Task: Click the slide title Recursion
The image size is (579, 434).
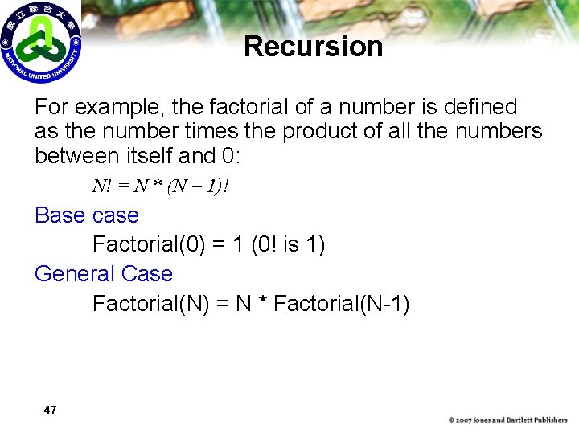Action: click(313, 47)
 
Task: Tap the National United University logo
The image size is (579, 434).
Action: click(40, 42)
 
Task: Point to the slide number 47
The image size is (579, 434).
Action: click(50, 411)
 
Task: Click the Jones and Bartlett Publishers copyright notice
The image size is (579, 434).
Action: click(507, 420)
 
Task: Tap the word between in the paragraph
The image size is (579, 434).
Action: click(79, 155)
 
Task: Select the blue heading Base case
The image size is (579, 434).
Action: click(87, 215)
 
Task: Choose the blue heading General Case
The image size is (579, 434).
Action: click(104, 274)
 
